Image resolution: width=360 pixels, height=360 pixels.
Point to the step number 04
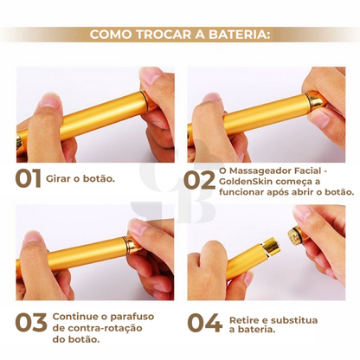click(205, 323)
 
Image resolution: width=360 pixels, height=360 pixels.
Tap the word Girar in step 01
click(67, 181)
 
